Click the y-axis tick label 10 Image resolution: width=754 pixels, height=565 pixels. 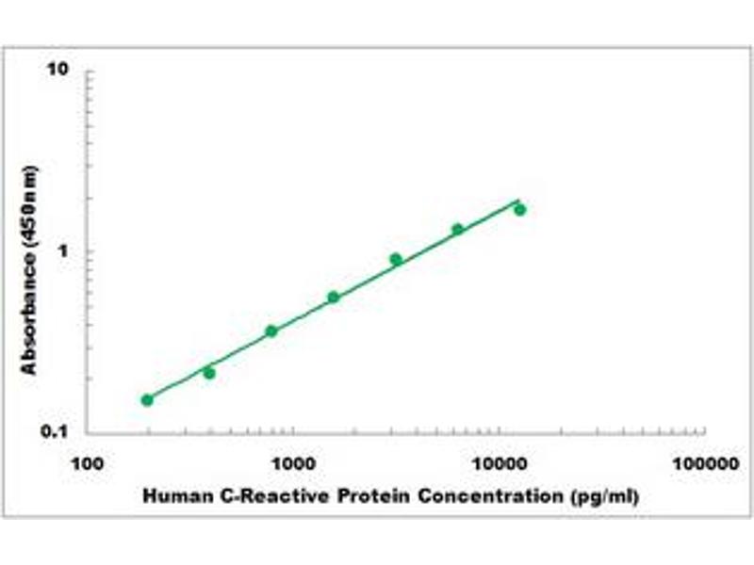pyautogui.click(x=60, y=71)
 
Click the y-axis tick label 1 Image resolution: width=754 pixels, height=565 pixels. pyautogui.click(x=64, y=251)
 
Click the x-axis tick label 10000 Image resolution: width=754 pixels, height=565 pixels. pyautogui.click(x=500, y=464)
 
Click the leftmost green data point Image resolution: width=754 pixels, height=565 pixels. pyautogui.click(x=147, y=399)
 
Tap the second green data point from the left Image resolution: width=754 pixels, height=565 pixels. pyautogui.click(x=209, y=373)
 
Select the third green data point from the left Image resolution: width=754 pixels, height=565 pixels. pyautogui.click(x=271, y=331)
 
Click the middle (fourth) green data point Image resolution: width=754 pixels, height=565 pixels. pyautogui.click(x=334, y=298)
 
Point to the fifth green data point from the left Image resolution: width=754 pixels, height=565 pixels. pyautogui.click(x=396, y=259)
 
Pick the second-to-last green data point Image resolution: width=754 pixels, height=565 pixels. pyautogui.click(x=457, y=229)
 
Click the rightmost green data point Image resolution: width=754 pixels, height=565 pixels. pyautogui.click(x=519, y=209)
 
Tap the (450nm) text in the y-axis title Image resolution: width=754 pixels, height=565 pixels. pyautogui.click(x=30, y=208)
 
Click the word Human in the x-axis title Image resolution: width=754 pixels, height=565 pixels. pyautogui.click(x=170, y=496)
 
